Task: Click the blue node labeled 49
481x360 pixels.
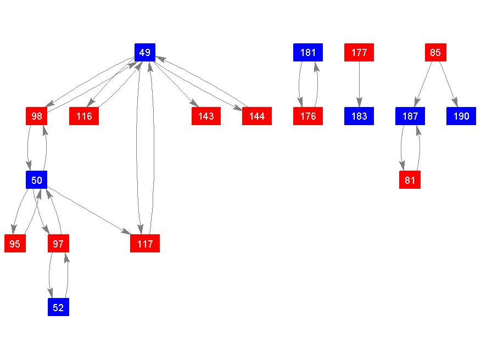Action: tap(145, 53)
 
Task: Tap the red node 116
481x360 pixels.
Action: tap(84, 116)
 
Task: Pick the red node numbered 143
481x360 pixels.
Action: tap(206, 116)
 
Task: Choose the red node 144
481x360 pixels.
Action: tap(256, 116)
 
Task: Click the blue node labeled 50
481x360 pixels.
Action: tap(37, 180)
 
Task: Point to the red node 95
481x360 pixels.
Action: tap(15, 244)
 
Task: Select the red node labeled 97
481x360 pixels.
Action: tap(58, 244)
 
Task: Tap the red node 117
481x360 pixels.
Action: tap(145, 244)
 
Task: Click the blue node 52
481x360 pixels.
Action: tap(58, 307)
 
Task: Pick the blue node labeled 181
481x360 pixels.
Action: tap(308, 53)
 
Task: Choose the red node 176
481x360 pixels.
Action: tap(308, 116)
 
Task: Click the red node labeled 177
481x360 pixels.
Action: tap(359, 53)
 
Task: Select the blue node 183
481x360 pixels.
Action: tap(359, 116)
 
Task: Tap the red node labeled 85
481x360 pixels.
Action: tap(435, 53)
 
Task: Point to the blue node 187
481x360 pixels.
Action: tap(410, 116)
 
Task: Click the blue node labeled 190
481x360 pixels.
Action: tap(461, 116)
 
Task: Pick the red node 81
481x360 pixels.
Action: tap(410, 180)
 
